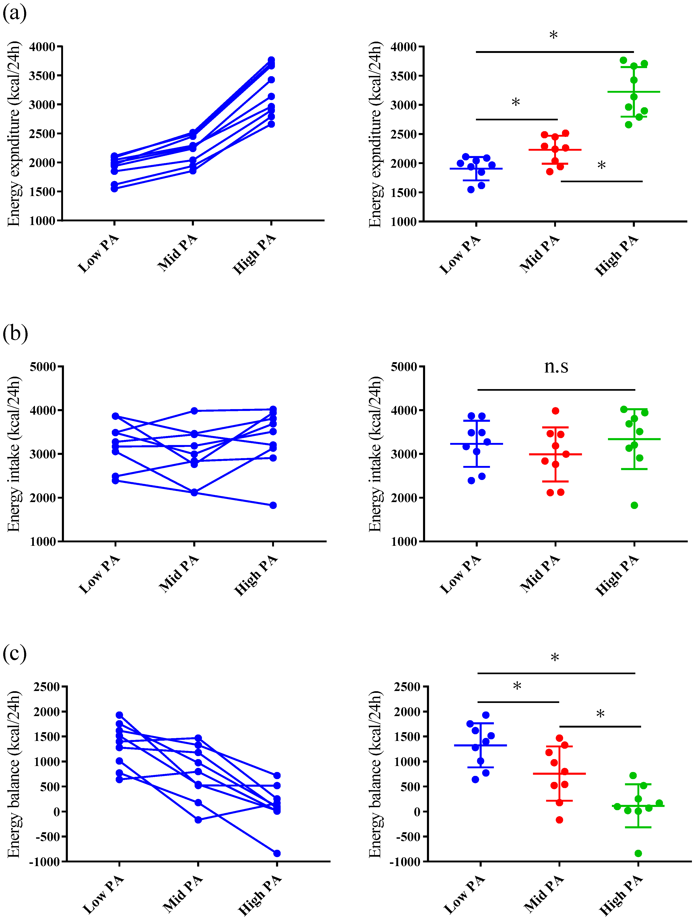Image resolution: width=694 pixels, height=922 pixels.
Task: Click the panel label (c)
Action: click(14, 653)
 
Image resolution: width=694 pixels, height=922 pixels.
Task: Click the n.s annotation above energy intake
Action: click(556, 366)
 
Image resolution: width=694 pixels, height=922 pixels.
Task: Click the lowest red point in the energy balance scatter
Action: click(559, 820)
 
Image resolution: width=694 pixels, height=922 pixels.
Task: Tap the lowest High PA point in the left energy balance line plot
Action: click(277, 853)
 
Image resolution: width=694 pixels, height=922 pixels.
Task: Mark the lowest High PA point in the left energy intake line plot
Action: click(273, 506)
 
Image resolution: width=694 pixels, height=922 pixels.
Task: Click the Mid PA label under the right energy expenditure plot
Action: click(540, 253)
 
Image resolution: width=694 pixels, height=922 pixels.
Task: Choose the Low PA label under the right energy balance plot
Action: click(464, 894)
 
